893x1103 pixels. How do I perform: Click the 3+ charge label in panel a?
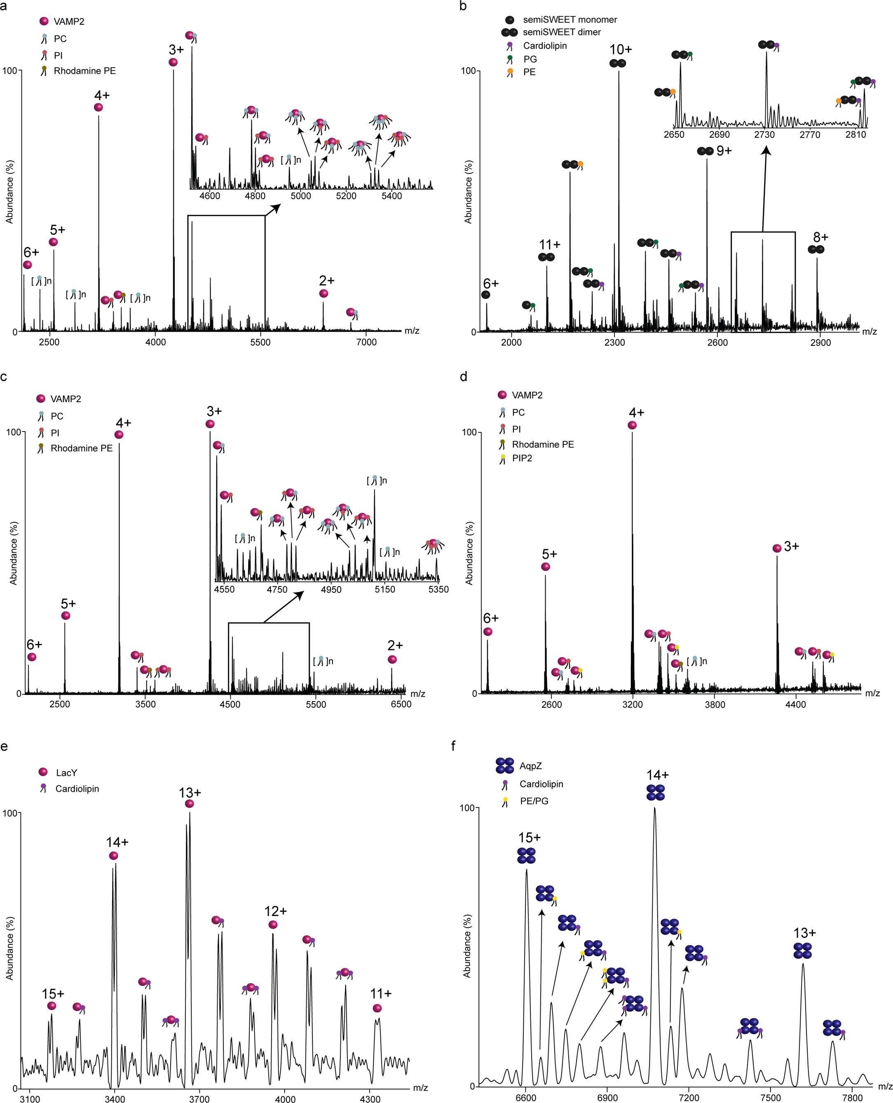(x=176, y=50)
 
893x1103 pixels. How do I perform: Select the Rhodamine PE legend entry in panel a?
(x=84, y=71)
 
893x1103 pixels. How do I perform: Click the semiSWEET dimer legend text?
(x=562, y=32)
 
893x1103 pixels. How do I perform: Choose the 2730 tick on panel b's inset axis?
(x=764, y=135)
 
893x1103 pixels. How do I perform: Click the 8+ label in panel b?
(x=820, y=237)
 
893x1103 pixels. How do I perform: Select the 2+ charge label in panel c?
(x=395, y=645)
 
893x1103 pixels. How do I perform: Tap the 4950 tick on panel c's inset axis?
(x=331, y=589)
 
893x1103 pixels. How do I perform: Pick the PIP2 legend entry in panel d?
(x=522, y=458)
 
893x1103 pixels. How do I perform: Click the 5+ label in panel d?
(x=549, y=554)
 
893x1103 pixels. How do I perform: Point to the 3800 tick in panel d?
(x=715, y=704)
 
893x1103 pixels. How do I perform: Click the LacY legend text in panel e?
(x=66, y=773)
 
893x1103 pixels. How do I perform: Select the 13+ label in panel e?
(x=190, y=793)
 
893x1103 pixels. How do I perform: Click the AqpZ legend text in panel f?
(x=530, y=766)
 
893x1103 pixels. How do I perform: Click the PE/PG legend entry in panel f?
(x=534, y=801)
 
